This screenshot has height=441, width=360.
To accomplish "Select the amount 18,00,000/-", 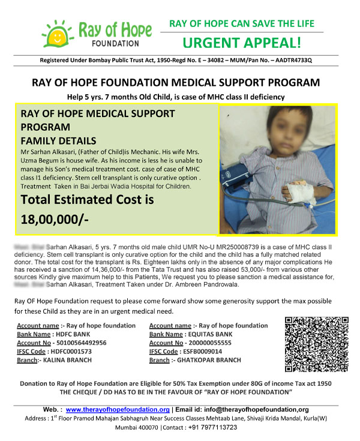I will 55,220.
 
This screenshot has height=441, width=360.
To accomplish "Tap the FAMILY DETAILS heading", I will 54,140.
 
